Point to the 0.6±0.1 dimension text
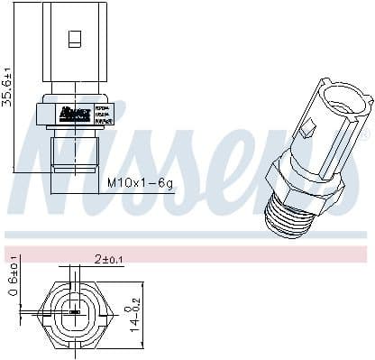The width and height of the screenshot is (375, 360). [13, 280]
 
